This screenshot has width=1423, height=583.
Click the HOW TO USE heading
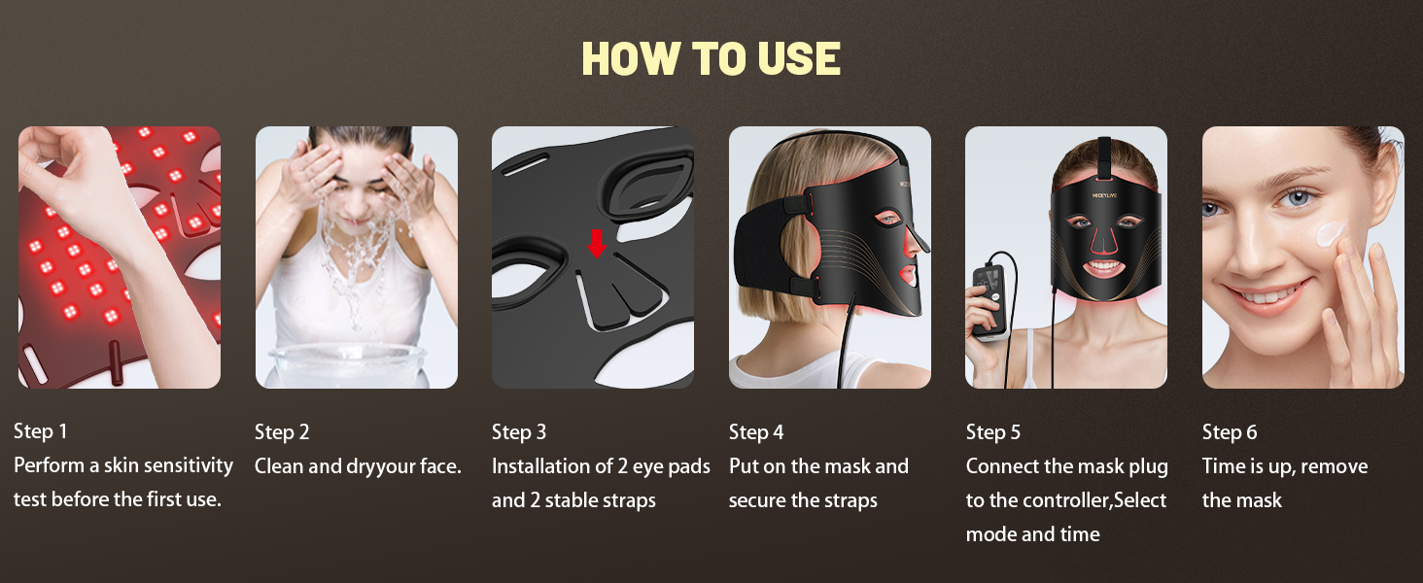(711, 58)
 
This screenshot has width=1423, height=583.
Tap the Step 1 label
(41, 431)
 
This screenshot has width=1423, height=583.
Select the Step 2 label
(282, 431)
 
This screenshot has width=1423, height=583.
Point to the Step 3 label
(519, 431)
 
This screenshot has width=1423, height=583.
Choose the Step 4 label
(756, 431)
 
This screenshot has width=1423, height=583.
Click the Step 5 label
(993, 431)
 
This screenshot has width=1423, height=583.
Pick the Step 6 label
(1230, 431)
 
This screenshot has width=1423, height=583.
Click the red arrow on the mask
(597, 244)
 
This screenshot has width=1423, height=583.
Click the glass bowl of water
(346, 365)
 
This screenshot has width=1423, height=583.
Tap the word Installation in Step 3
(542, 466)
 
